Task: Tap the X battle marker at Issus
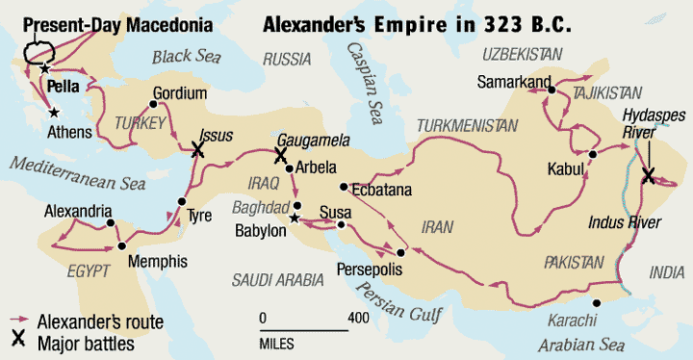tap(198, 149)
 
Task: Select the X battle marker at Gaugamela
tap(280, 154)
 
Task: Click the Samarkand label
tap(513, 80)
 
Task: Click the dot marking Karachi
tap(597, 304)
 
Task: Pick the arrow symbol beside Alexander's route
tap(17, 321)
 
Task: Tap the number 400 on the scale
tap(358, 318)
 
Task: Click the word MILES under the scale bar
tap(277, 343)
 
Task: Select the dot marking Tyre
tap(180, 202)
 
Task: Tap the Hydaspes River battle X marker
tap(648, 175)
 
